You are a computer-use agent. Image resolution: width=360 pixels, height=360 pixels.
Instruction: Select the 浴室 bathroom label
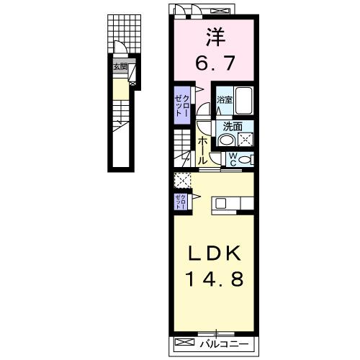[225, 99]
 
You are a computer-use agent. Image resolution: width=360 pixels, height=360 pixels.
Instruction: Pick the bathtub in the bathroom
[244, 101]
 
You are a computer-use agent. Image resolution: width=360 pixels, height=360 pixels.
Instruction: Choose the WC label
[233, 160]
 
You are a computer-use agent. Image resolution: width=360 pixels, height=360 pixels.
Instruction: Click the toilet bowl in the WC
[245, 160]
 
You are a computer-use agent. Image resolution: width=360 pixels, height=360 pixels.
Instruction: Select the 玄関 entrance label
[120, 67]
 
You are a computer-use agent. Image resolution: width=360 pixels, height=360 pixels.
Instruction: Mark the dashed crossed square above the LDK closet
[181, 180]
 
